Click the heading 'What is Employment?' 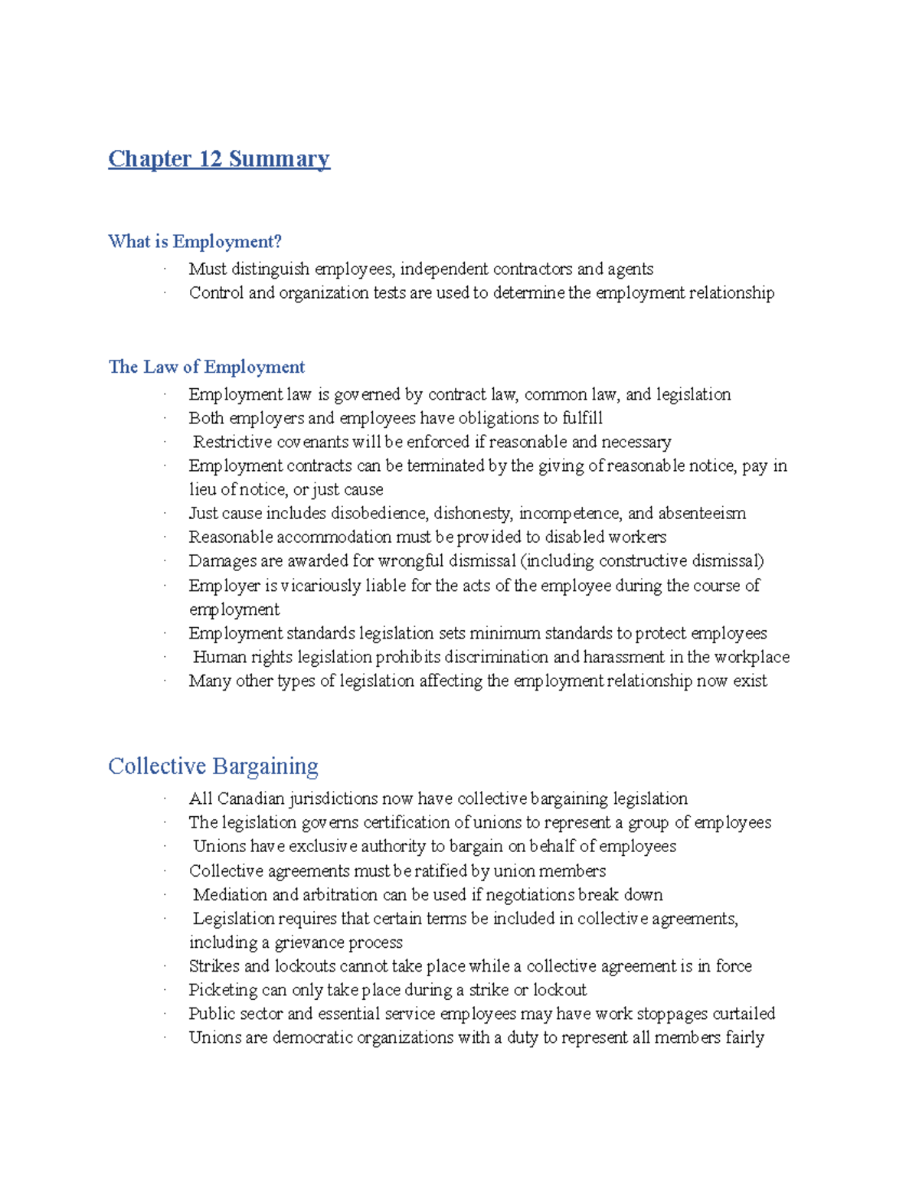195,242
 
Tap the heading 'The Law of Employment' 206,367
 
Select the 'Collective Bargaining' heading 213,766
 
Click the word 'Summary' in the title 280,158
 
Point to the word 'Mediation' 230,894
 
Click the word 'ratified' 440,871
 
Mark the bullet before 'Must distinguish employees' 164,269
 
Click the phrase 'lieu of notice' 238,489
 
